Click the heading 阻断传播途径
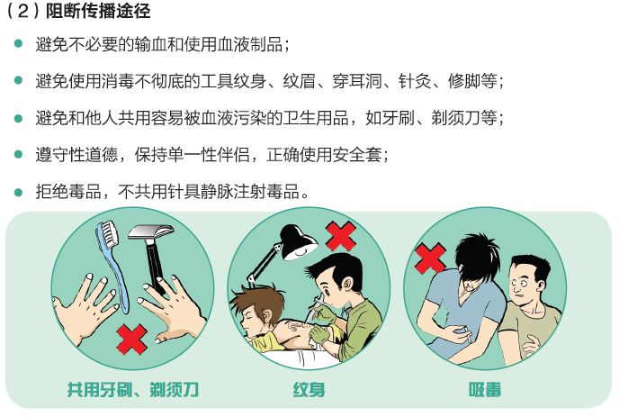click(x=98, y=11)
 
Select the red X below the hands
click(x=132, y=340)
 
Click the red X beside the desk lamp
click(x=341, y=236)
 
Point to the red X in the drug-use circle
click(x=430, y=258)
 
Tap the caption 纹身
click(x=309, y=389)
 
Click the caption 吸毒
click(x=485, y=389)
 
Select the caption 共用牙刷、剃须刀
click(x=132, y=389)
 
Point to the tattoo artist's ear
click(x=347, y=284)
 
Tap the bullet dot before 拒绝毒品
click(x=18, y=192)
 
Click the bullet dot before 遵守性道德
click(x=18, y=155)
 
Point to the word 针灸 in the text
click(x=415, y=81)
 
